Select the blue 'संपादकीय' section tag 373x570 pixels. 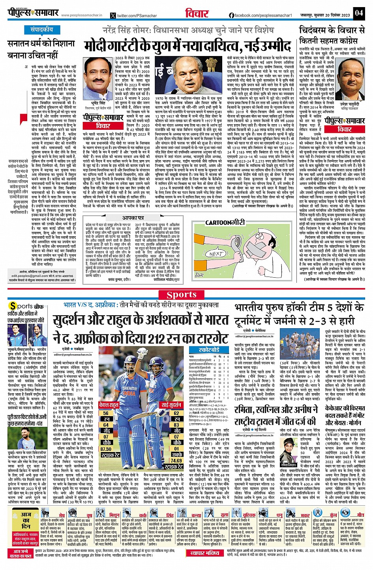pyautogui.click(x=42, y=30)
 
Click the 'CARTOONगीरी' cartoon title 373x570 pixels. pyautogui.click(x=225, y=222)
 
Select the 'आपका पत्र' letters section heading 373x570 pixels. pyautogui.click(x=133, y=217)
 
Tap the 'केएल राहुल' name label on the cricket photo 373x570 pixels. pyautogui.click(x=109, y=405)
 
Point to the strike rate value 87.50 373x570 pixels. pyautogui.click(x=106, y=449)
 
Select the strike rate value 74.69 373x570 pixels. pyautogui.click(x=176, y=460)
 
